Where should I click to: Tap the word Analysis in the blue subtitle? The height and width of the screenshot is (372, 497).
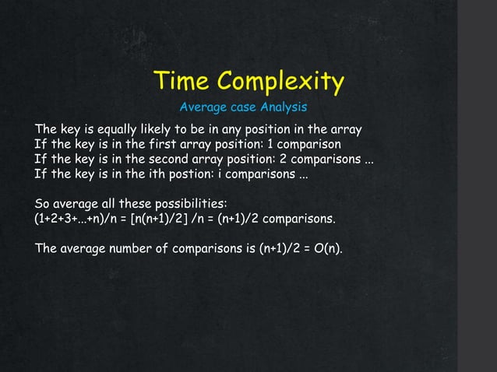pyautogui.click(x=284, y=107)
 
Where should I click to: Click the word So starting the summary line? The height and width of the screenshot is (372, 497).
pyautogui.click(x=42, y=205)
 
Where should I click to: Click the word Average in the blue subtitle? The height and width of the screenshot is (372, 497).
pyautogui.click(x=203, y=107)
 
